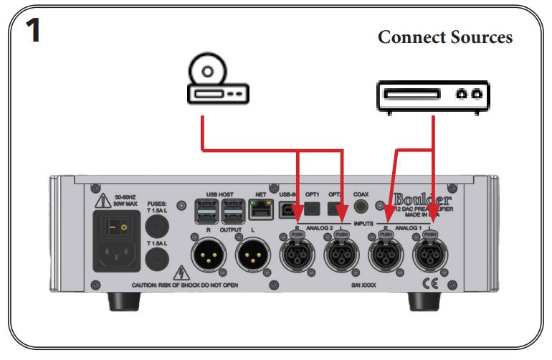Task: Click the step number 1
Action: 32,32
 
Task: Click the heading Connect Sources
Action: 444,37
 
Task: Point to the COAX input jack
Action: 362,208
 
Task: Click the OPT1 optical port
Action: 312,209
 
